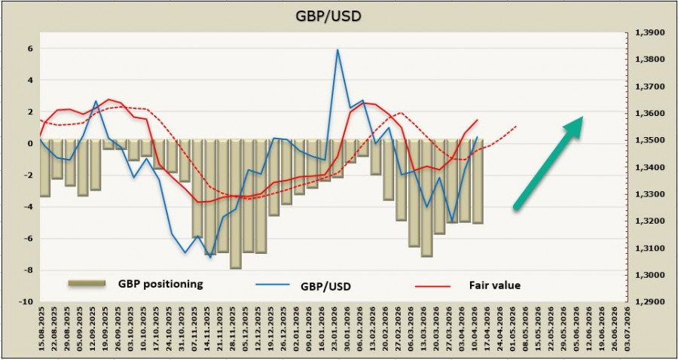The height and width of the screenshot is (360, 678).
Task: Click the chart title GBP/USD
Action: point(337,16)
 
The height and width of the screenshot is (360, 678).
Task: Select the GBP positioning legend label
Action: point(160,284)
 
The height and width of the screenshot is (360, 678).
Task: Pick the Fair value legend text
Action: point(495,285)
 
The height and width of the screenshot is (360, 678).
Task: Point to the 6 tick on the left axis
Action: point(30,48)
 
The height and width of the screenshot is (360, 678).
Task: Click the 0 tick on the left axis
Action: point(30,143)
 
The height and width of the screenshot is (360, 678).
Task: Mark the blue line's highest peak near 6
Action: point(337,50)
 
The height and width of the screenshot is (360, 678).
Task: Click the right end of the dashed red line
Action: point(516,127)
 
